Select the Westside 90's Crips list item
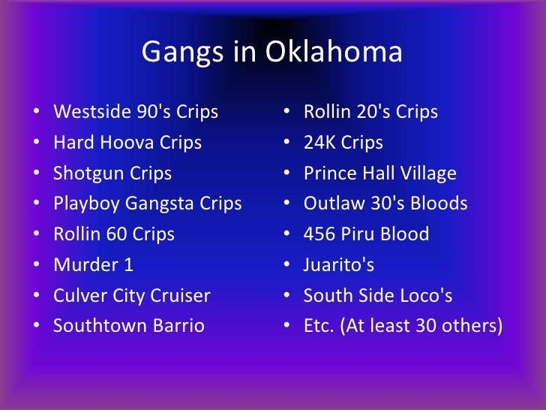tap(136, 113)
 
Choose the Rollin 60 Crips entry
tap(114, 234)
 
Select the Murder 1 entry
tap(94, 265)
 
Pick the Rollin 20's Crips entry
tap(370, 113)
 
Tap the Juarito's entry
tap(338, 265)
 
